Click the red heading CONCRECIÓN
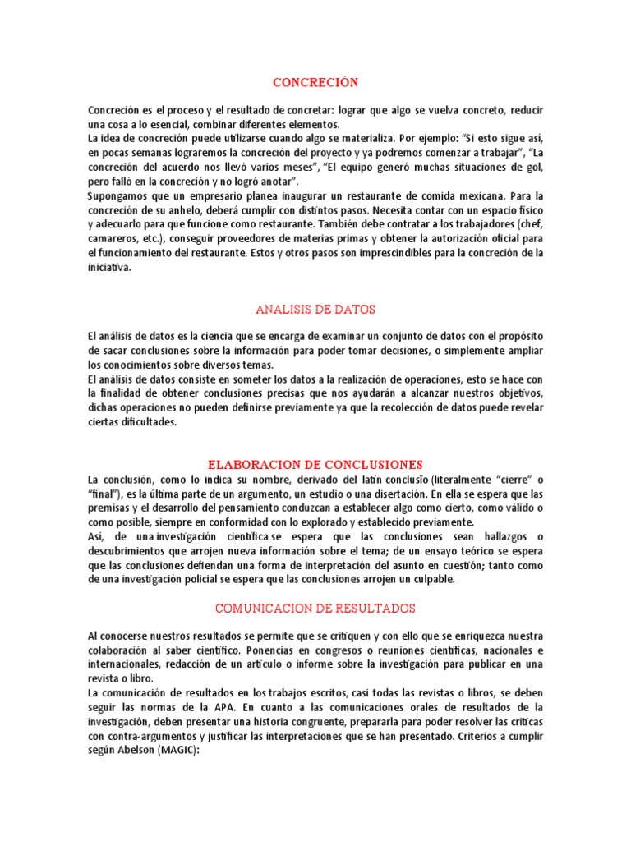[x=315, y=82]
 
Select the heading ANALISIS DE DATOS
[x=315, y=309]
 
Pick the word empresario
[x=227, y=196]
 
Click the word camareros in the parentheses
[x=113, y=239]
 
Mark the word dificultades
[x=143, y=422]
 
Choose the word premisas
[x=109, y=508]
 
